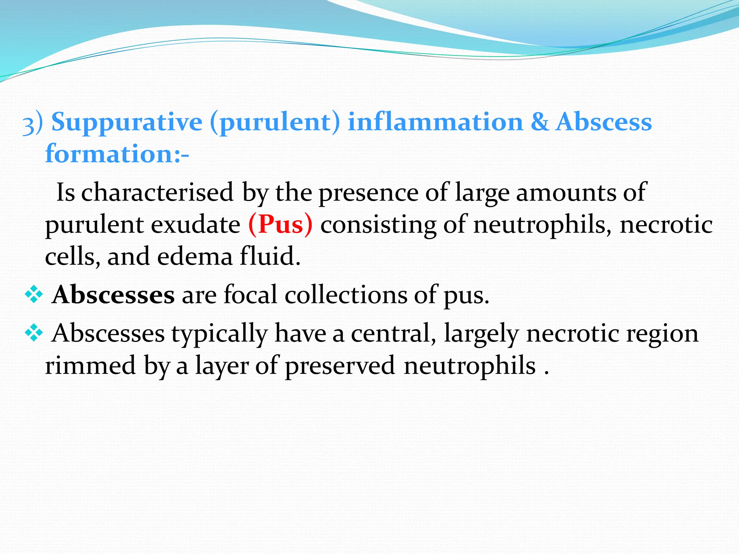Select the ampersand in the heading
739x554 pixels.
pyautogui.click(x=540, y=122)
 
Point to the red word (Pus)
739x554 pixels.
pyautogui.click(x=280, y=225)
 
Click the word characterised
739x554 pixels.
pyautogui.click(x=157, y=193)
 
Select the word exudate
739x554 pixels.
pyautogui.click(x=195, y=225)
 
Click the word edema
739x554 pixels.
pyautogui.click(x=195, y=257)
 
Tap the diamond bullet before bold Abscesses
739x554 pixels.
pyautogui.click(x=34, y=295)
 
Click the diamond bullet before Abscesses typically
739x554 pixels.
pyautogui.click(x=34, y=333)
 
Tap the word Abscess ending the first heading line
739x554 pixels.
pyautogui.click(x=604, y=122)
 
